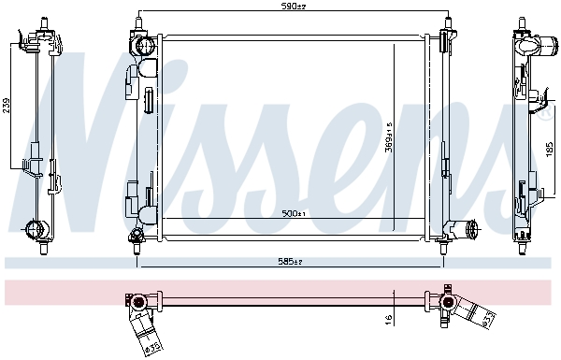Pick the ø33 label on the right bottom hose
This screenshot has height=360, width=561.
tap(489, 321)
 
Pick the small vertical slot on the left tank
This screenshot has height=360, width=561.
tap(149, 100)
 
